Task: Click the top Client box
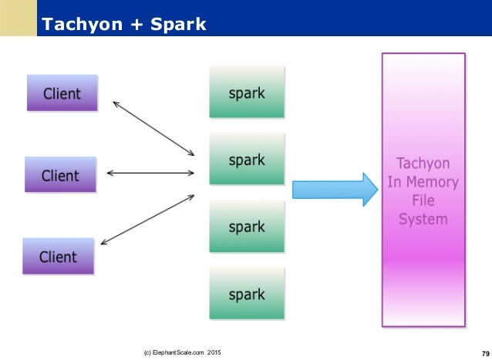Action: click(62, 93)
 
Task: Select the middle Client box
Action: click(60, 175)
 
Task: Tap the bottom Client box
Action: click(58, 256)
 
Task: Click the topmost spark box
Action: click(247, 93)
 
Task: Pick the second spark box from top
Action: click(247, 160)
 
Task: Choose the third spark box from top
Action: click(247, 227)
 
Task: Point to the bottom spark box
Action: click(247, 293)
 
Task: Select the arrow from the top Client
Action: click(153, 127)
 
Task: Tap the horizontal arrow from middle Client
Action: click(150, 173)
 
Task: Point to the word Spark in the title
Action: click(177, 25)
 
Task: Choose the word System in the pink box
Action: click(423, 219)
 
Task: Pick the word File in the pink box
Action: click(423, 200)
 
